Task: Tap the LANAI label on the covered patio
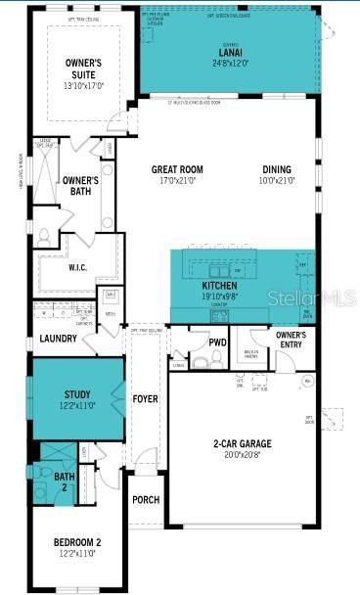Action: pos(231,53)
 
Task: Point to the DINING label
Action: pos(276,169)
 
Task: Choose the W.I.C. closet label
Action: pos(78,267)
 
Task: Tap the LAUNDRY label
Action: pos(58,339)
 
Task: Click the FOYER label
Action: pos(145,399)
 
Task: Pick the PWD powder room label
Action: pos(217,343)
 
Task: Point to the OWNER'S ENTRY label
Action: pos(291,340)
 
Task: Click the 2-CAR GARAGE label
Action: pos(243,443)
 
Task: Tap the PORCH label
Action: pos(146,499)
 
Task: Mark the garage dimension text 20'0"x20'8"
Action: pos(243,455)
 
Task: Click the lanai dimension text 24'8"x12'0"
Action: pos(231,64)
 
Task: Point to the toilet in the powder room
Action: pos(200,361)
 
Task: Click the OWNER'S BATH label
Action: pos(80,186)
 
